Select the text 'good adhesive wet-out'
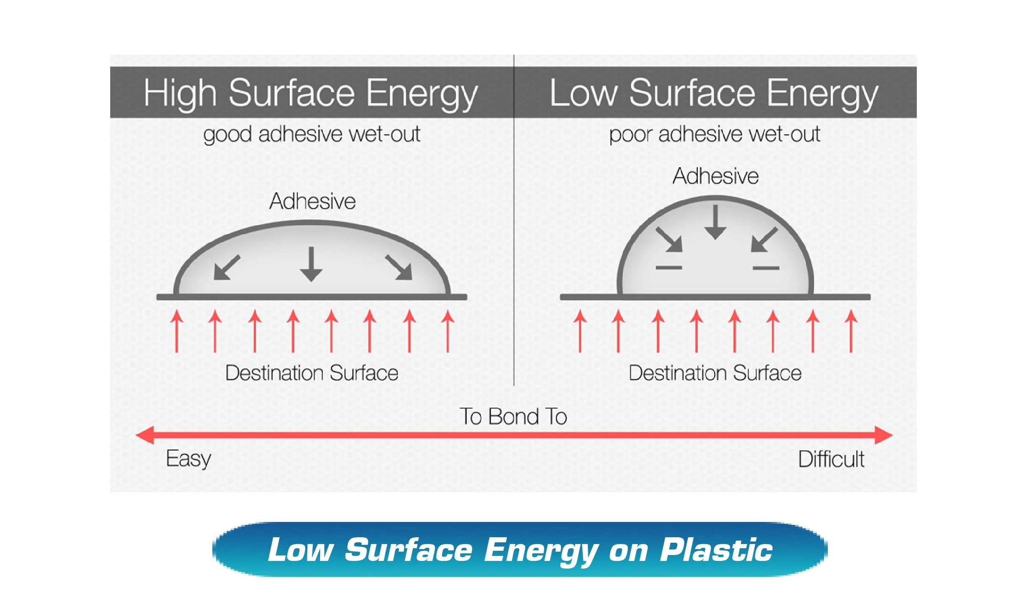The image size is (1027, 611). pos(312,135)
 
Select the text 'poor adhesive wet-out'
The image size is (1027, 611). pos(715,135)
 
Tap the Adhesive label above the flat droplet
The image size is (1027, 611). pos(312,201)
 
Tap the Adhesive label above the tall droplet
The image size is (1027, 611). pos(715,176)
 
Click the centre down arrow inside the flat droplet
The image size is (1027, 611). pos(312,264)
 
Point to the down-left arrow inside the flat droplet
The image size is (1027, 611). pos(227,268)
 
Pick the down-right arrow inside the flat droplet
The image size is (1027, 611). pos(398,268)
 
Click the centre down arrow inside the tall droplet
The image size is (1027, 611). pos(715,222)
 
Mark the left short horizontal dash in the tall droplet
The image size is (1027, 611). pos(669,268)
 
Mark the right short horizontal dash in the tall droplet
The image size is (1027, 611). pos(766,268)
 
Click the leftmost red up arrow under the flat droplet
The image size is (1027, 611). pos(177,331)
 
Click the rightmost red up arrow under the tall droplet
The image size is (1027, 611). pos(851,331)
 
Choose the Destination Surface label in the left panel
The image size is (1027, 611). pos(312,373)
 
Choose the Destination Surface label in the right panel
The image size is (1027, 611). pos(715,373)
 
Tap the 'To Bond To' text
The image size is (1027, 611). pos(513,416)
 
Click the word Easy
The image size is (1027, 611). pos(189,459)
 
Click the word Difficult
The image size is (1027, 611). pos(831,459)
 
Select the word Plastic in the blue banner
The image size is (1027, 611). pos(716,550)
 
